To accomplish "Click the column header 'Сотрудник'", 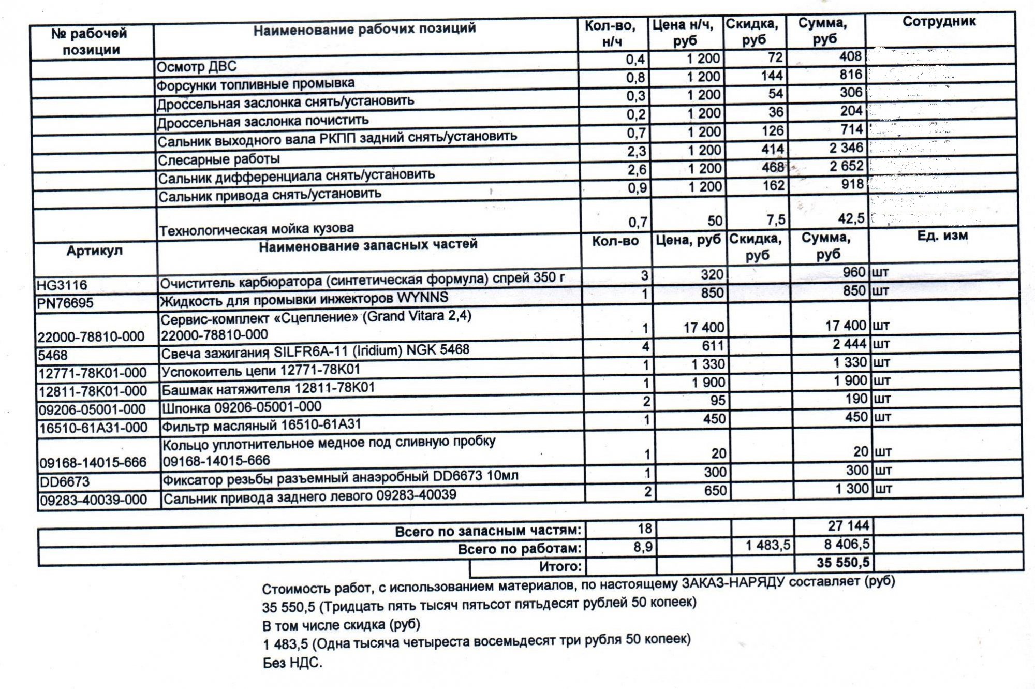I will coord(939,22).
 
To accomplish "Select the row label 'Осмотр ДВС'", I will coord(197,67).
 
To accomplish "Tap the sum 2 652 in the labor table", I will coord(846,166).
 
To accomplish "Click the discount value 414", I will coord(773,150).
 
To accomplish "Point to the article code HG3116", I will coord(62,285).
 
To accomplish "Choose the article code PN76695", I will coord(65,303).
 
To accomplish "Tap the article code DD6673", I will coord(65,482).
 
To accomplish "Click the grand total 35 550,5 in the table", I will coord(843,563).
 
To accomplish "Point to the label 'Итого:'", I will coord(560,567).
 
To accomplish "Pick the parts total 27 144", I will coord(848,526).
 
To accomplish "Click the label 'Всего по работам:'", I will coord(520,549).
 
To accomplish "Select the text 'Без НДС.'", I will coord(292,663).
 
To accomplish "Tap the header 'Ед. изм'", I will coord(942,236).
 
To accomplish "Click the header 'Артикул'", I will coord(94,251).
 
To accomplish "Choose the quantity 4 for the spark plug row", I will coord(645,346).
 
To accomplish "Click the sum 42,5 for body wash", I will coord(851,219).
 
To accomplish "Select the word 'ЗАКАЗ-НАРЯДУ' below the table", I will coord(733,583).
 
